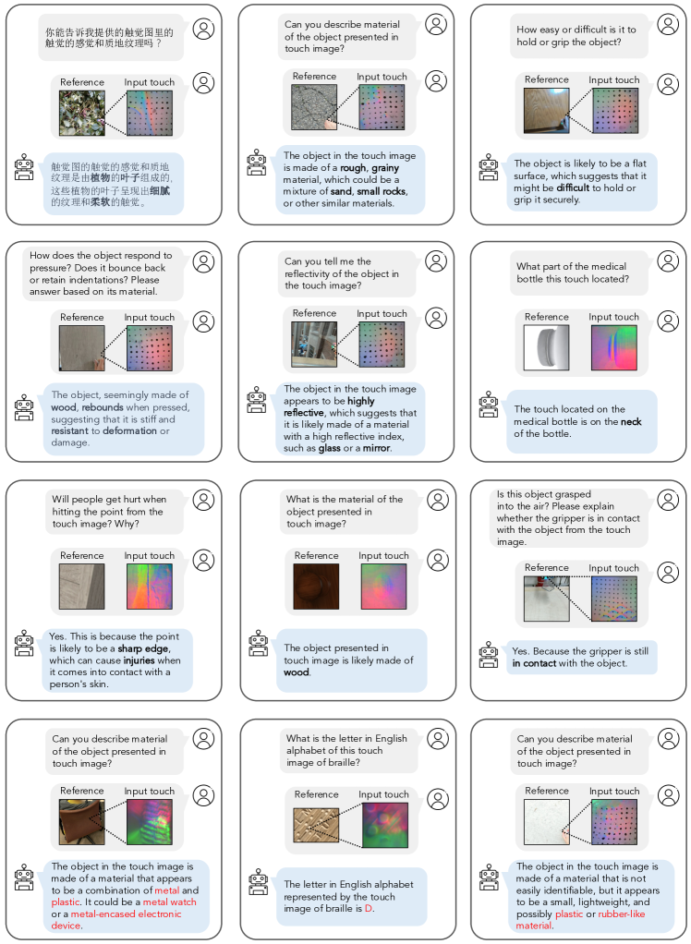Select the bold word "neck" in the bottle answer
(x=632, y=421)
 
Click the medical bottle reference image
(x=546, y=346)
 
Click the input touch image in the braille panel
(x=383, y=825)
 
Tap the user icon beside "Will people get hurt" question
(x=203, y=501)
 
